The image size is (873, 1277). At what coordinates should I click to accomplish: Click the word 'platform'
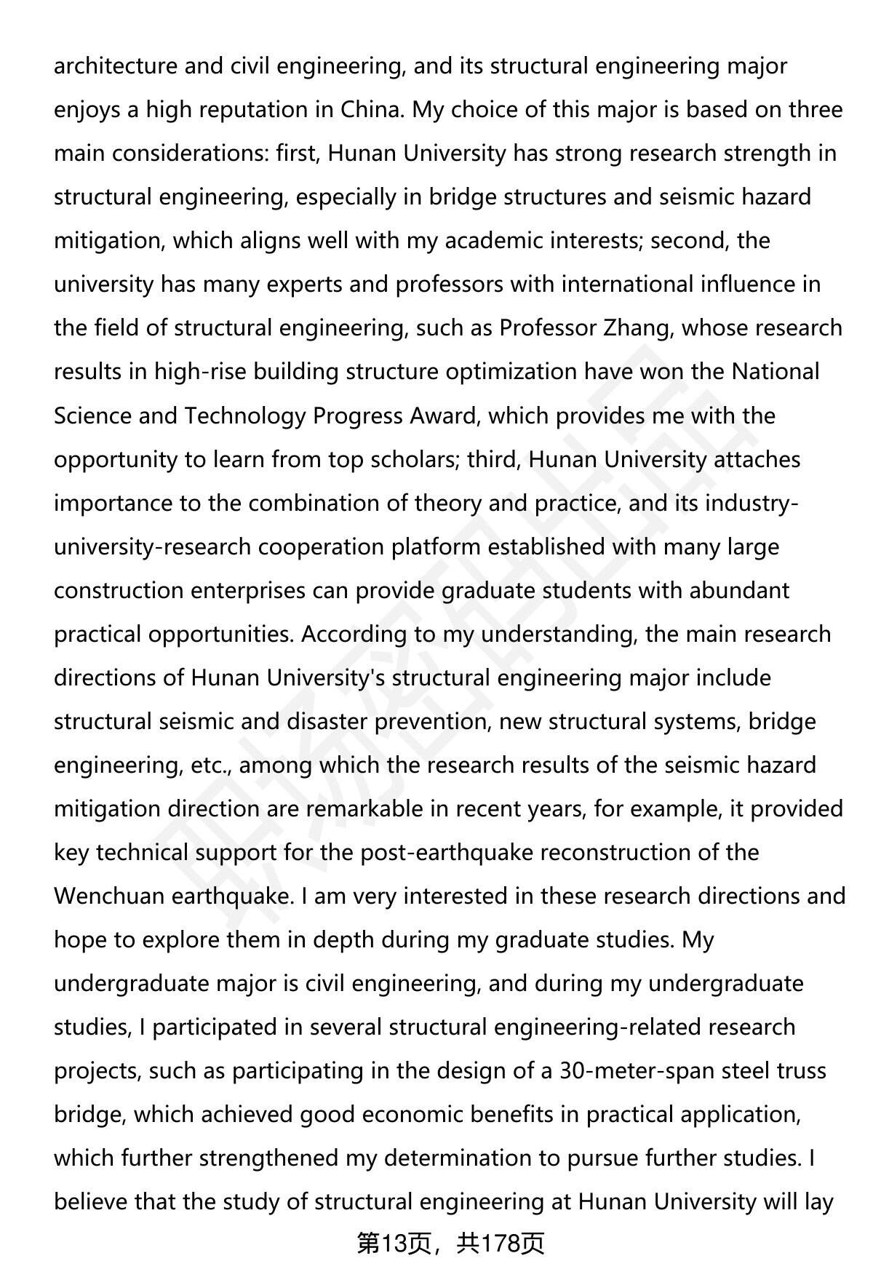436,546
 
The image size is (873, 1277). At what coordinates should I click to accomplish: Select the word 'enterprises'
248,590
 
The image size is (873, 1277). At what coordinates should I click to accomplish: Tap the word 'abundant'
738,590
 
